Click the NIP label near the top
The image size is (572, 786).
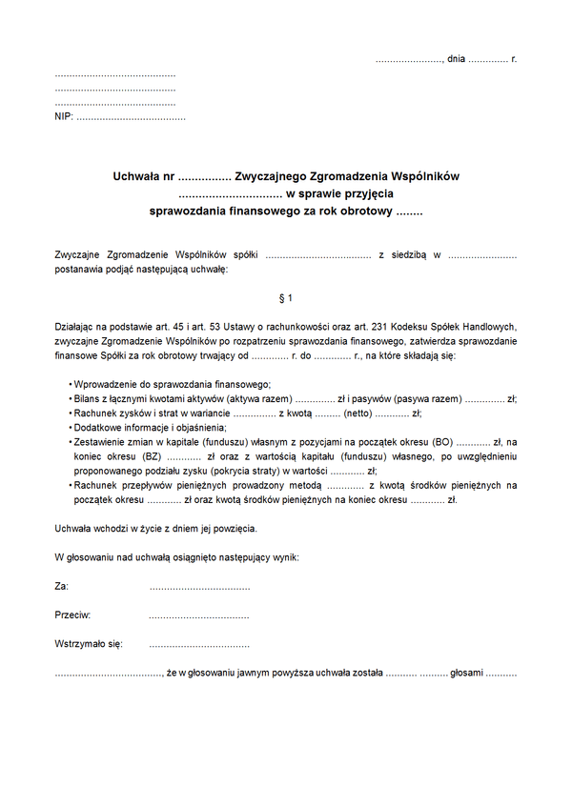pos(63,117)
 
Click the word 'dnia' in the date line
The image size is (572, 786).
pos(456,59)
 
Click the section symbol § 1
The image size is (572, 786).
pos(285,299)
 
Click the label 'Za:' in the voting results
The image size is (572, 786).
pos(62,587)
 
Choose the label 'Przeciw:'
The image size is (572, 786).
pos(72,615)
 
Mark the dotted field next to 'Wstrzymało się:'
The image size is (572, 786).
pos(199,644)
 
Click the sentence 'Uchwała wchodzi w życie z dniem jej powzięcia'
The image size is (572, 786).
pos(155,528)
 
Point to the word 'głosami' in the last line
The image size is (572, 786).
pos(466,673)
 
